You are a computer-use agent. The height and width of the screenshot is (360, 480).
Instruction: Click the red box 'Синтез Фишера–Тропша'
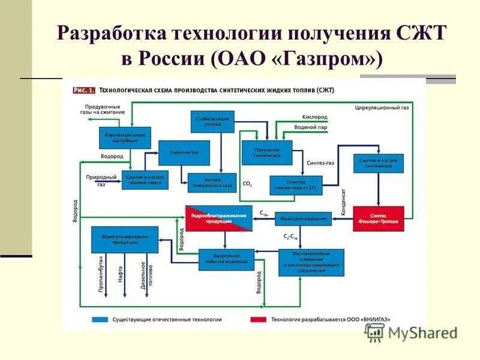[x=378, y=218]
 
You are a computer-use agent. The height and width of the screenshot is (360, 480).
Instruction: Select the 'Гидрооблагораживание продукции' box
[x=218, y=218]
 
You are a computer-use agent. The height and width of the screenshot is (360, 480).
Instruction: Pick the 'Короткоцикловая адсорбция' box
[x=125, y=137]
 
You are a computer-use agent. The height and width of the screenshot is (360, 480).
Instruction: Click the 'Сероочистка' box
[x=184, y=152]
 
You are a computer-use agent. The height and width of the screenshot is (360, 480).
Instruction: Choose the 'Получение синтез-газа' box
[x=266, y=152]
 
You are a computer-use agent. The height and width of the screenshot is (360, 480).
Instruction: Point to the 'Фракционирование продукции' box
[x=124, y=239]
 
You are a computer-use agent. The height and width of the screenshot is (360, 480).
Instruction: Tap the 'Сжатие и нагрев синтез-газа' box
[x=378, y=163]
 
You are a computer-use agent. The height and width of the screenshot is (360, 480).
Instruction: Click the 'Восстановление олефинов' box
[x=311, y=262]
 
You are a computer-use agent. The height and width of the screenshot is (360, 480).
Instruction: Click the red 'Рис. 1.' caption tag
[x=84, y=91]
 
